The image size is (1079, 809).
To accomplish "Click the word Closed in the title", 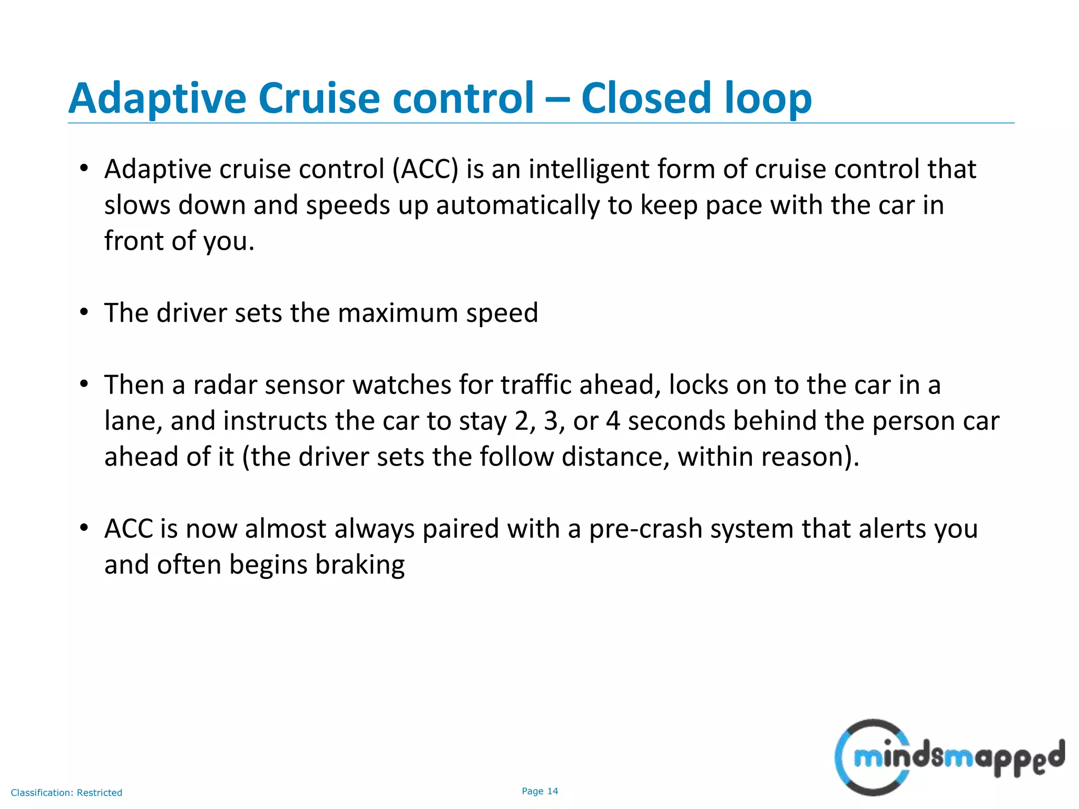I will (x=648, y=98).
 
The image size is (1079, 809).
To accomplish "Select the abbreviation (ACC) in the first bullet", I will (x=426, y=170).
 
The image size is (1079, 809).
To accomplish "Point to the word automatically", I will (x=517, y=205).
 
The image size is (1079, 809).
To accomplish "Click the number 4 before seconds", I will (x=613, y=421).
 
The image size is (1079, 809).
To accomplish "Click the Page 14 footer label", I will (x=539, y=791).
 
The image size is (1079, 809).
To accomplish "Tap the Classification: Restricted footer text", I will (x=66, y=793).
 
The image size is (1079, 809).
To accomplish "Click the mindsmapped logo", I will (x=948, y=757).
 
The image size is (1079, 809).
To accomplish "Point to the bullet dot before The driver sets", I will (x=84, y=313).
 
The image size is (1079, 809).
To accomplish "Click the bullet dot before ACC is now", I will (x=84, y=528).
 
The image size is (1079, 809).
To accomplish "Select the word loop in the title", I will (x=768, y=98).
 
